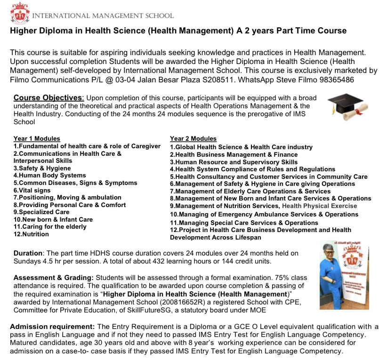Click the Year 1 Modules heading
click(37, 139)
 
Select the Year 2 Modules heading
click(193, 139)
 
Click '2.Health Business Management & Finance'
click(234, 154)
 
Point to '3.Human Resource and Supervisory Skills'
click(234, 162)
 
